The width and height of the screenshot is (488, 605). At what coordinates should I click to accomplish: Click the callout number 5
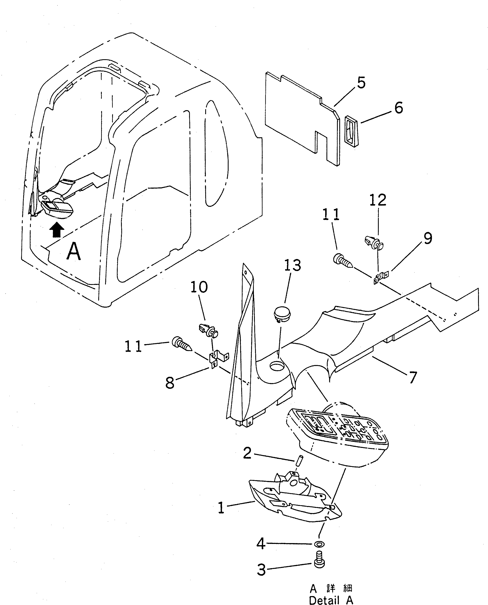pyautogui.click(x=361, y=83)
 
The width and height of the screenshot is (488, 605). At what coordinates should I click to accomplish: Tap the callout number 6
pyautogui.click(x=399, y=108)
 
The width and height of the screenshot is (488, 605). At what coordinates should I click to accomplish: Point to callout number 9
pyautogui.click(x=428, y=238)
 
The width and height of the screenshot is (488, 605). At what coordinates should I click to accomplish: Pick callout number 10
pyautogui.click(x=199, y=287)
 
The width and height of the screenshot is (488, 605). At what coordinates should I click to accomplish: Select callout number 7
pyautogui.click(x=412, y=378)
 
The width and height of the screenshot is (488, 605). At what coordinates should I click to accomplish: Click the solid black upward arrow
pyautogui.click(x=57, y=230)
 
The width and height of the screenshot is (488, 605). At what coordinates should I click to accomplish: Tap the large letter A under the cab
pyautogui.click(x=74, y=251)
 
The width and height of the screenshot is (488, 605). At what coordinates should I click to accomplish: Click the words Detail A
pyautogui.click(x=331, y=600)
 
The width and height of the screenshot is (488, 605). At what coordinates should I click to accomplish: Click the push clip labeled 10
pyautogui.click(x=208, y=331)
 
